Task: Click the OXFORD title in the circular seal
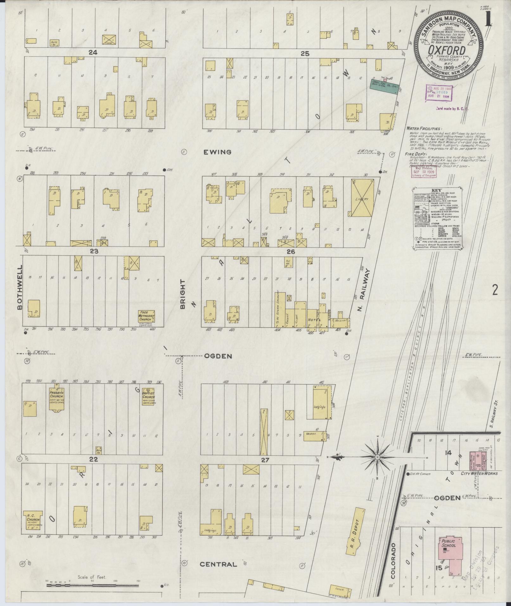click(x=447, y=51)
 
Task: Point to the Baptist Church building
click(x=148, y=397)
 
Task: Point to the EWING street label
click(x=217, y=152)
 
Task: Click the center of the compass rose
click(x=378, y=457)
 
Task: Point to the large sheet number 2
click(x=495, y=290)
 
